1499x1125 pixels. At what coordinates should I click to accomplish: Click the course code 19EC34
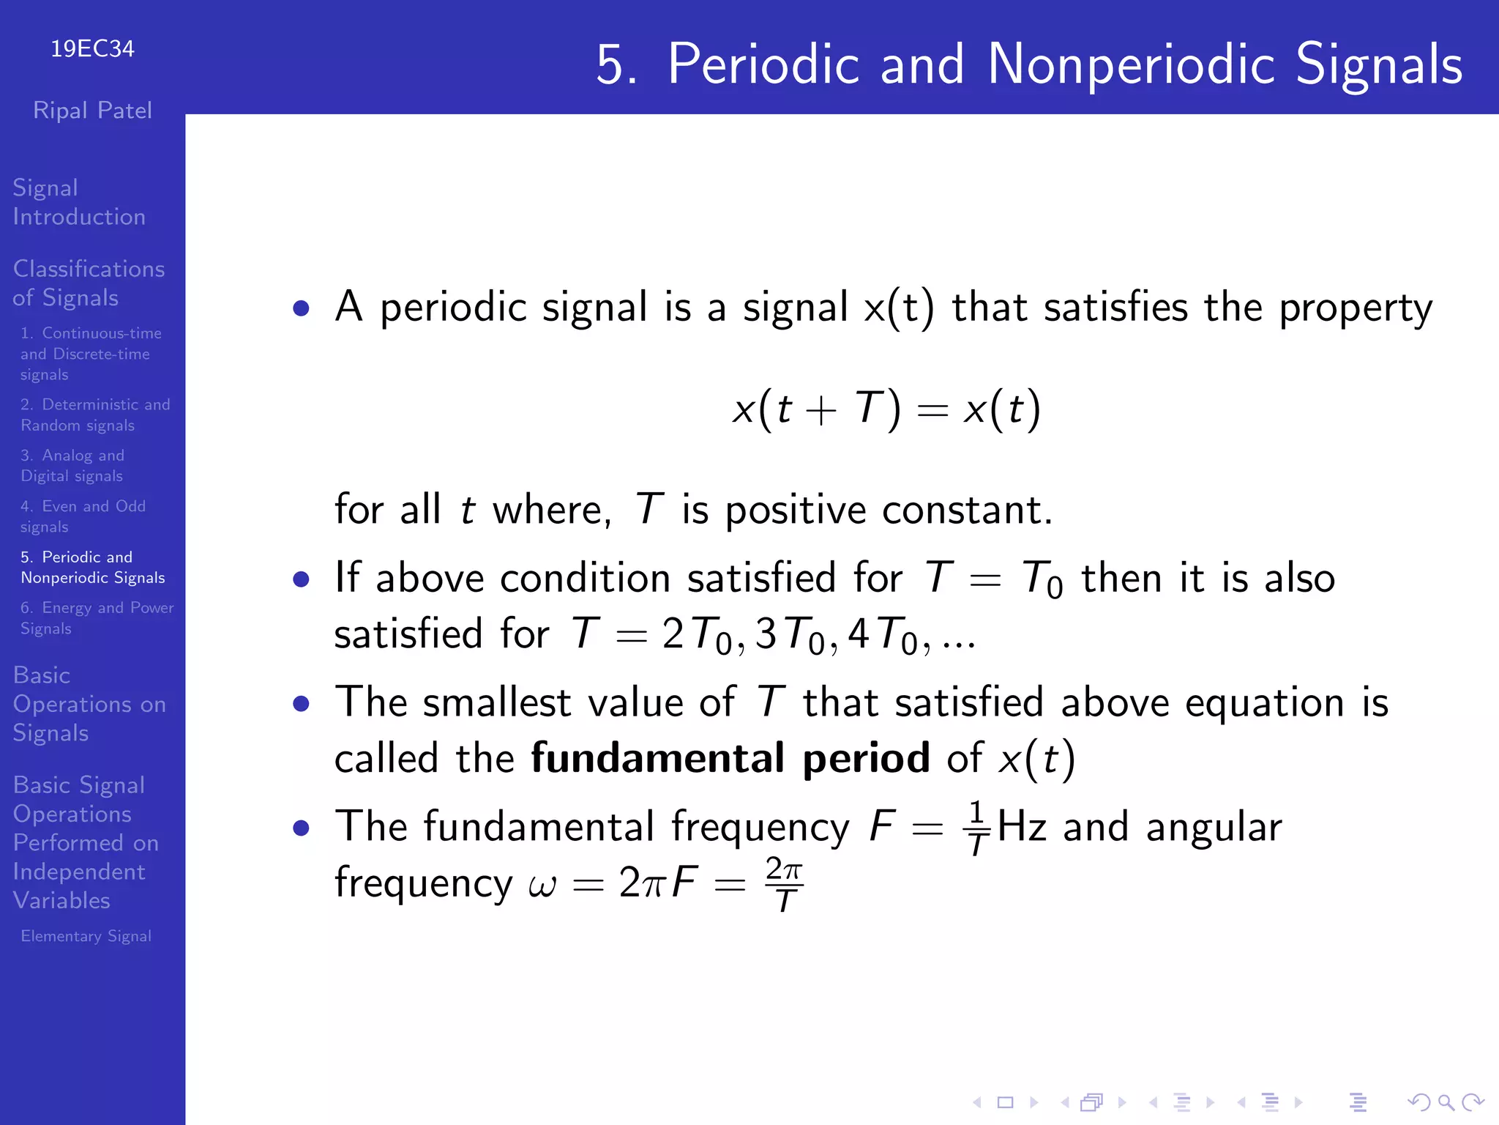pyautogui.click(x=92, y=49)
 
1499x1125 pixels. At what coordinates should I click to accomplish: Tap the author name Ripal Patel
pyautogui.click(x=92, y=111)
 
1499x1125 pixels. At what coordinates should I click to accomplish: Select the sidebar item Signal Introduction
pyautogui.click(x=79, y=202)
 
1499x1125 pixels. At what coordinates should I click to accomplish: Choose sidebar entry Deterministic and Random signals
pyautogui.click(x=94, y=415)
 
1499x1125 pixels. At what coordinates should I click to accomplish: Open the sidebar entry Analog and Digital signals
pyautogui.click(x=72, y=465)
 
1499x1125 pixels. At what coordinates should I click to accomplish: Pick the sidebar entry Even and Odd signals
pyautogui.click(x=83, y=516)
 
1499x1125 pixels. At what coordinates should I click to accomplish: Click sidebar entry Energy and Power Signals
pyautogui.click(x=97, y=618)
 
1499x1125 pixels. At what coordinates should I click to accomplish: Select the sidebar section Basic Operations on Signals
pyautogui.click(x=89, y=704)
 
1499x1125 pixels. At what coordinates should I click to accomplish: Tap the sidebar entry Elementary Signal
pyautogui.click(x=86, y=936)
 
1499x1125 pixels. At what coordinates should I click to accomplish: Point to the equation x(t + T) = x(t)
pyautogui.click(x=886, y=409)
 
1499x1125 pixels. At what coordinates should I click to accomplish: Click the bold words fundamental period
pyautogui.click(x=730, y=758)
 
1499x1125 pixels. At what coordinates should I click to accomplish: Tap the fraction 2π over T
pyautogui.click(x=784, y=884)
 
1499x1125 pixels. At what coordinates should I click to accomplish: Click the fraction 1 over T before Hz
pyautogui.click(x=976, y=828)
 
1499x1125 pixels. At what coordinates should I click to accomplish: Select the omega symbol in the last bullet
pyautogui.click(x=542, y=886)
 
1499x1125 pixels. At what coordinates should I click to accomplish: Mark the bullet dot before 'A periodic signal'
pyautogui.click(x=301, y=308)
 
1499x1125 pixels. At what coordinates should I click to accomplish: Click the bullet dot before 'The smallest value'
pyautogui.click(x=301, y=704)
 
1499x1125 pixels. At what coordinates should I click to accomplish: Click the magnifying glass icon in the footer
pyautogui.click(x=1445, y=1102)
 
